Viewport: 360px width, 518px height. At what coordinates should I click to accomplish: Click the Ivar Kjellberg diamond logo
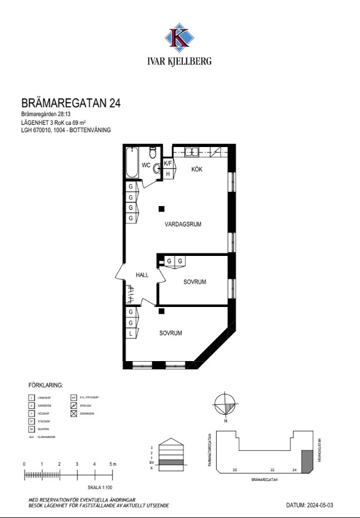pos(180,36)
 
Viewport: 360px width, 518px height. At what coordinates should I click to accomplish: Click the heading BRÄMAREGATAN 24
pos(71,103)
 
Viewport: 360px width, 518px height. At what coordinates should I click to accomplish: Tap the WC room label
pos(146,165)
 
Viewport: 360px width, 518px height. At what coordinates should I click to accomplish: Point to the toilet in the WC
pos(153,154)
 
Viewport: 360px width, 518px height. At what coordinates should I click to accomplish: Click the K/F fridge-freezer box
pos(168,164)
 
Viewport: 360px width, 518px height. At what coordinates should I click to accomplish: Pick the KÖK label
pos(197,169)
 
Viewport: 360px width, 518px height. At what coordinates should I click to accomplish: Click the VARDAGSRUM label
pos(183,225)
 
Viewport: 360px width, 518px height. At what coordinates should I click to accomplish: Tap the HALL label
pos(143,276)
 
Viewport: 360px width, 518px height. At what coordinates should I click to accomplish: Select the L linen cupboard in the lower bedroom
pos(131,333)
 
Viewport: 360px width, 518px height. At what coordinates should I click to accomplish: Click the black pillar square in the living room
pos(161,209)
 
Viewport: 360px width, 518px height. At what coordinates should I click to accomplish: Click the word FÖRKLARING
pos(46,385)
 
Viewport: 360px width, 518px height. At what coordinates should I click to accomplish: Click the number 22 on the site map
pos(272,469)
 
